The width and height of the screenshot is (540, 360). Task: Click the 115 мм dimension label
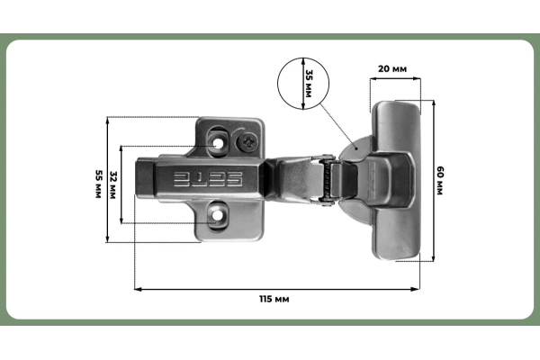coord(275,298)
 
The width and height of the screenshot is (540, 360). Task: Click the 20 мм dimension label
coord(391,68)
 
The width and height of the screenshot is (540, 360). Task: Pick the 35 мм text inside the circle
coord(310,82)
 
